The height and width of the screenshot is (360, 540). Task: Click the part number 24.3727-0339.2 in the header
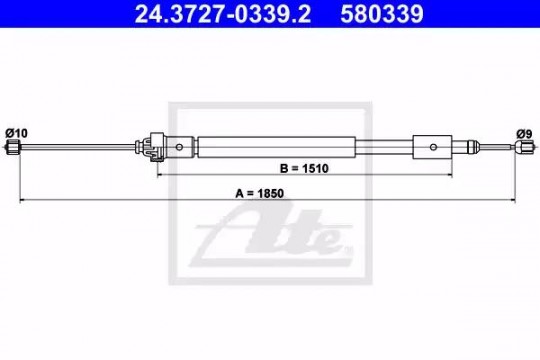(222, 14)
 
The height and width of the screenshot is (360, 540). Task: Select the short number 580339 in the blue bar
(382, 14)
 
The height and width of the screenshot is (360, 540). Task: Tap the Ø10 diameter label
(16, 133)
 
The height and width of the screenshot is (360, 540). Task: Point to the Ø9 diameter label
(524, 134)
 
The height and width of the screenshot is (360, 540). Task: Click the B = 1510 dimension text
(304, 168)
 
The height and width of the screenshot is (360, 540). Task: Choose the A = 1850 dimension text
(259, 193)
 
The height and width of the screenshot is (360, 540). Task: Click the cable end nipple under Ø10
(13, 147)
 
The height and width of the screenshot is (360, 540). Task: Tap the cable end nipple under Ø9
(525, 147)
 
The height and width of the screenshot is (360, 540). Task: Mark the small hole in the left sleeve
(179, 147)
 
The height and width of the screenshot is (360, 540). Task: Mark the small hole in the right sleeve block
(433, 147)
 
